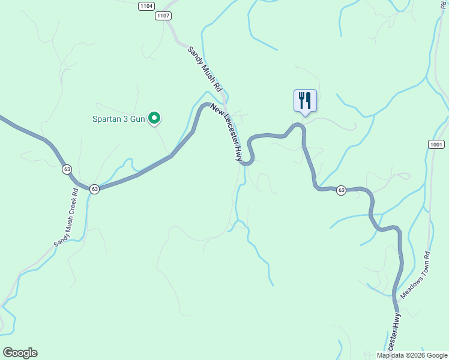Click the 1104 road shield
(x=145, y=6)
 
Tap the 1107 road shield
(x=163, y=16)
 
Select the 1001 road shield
(x=437, y=145)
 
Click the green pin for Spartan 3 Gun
(x=154, y=119)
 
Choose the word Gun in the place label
(x=138, y=119)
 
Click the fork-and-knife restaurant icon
(x=305, y=100)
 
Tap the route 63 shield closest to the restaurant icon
(x=342, y=190)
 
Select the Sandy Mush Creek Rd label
(x=66, y=218)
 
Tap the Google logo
(x=20, y=353)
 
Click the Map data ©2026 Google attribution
(x=412, y=355)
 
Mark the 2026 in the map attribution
(x=417, y=355)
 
